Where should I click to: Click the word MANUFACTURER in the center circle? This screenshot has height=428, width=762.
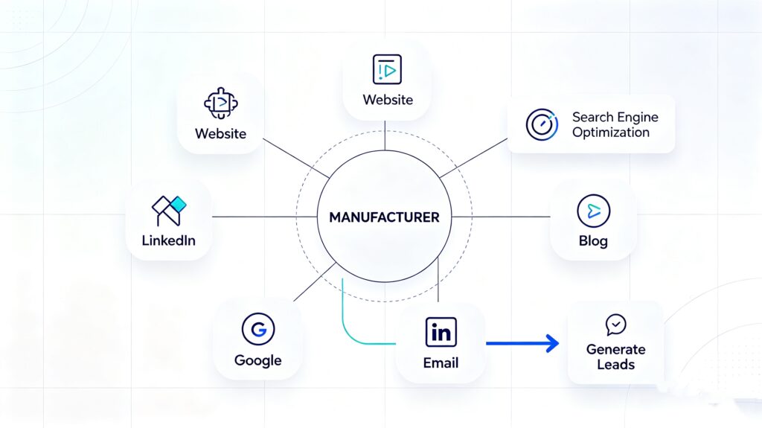(x=384, y=217)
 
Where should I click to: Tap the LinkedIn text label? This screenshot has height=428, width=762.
(x=169, y=240)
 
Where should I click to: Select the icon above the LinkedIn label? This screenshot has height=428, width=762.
(x=169, y=211)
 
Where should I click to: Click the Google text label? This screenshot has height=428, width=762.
(x=258, y=360)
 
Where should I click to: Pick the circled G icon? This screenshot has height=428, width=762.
(x=258, y=329)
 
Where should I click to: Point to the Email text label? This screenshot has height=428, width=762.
(x=441, y=362)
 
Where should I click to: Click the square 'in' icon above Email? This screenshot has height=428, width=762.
(x=441, y=332)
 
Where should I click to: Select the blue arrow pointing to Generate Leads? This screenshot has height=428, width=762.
(x=522, y=343)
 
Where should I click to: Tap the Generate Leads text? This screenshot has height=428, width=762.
(x=615, y=357)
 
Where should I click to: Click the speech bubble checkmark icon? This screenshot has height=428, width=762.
(x=615, y=325)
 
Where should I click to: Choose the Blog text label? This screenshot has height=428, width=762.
(x=593, y=240)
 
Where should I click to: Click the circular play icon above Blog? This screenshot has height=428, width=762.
(x=593, y=211)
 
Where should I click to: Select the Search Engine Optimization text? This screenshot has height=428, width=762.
(x=615, y=124)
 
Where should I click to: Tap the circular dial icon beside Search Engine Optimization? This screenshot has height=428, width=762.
(x=542, y=125)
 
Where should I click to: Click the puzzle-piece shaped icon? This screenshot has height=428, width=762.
(x=221, y=103)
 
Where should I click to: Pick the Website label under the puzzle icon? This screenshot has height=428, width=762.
(x=220, y=134)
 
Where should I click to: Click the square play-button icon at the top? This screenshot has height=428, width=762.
(x=387, y=69)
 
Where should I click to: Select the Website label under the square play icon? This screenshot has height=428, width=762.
(x=388, y=100)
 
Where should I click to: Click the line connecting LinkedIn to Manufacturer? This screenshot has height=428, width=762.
(x=265, y=217)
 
